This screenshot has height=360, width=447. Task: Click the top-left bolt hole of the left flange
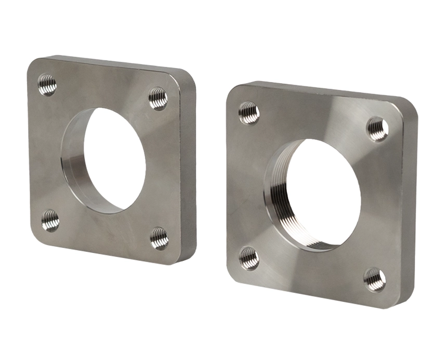point(47,85)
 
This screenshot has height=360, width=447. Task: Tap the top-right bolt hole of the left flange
point(158,98)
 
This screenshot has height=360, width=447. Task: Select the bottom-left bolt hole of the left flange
point(50,221)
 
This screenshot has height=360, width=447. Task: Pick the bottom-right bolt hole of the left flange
point(159,238)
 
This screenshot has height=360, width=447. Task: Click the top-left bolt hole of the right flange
point(249,113)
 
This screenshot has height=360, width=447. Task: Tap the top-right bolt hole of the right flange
point(377,129)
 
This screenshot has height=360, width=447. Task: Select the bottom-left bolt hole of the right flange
point(248,258)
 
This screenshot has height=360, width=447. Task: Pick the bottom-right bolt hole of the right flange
point(374,279)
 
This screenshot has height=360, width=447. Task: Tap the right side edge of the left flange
point(189,172)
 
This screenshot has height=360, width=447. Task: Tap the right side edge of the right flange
point(410,208)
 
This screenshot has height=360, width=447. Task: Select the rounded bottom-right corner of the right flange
point(398,302)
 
